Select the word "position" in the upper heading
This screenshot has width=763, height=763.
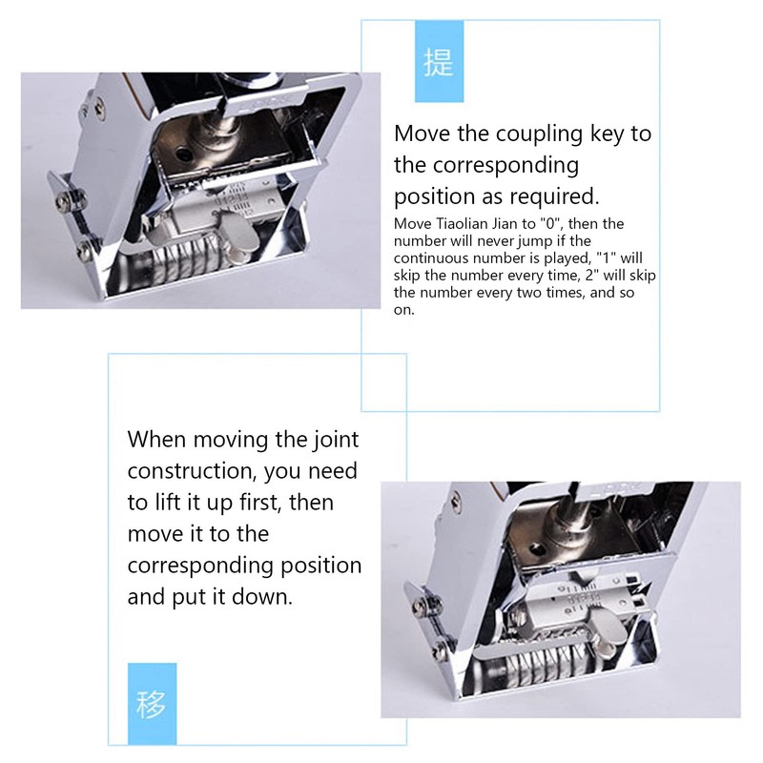pos(440,196)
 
